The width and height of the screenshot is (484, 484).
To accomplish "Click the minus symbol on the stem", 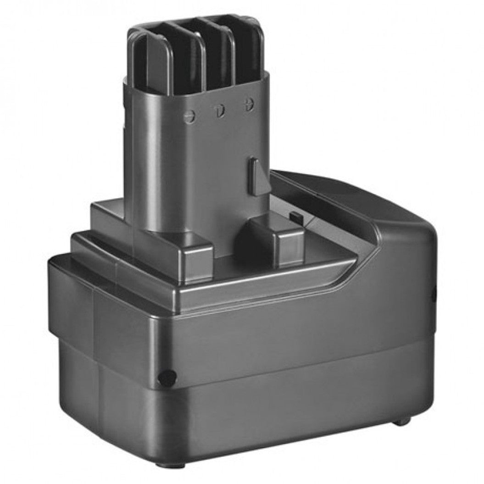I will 189,117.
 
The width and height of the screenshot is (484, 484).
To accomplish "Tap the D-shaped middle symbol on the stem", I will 220,110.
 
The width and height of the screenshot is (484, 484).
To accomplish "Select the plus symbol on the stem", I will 249,105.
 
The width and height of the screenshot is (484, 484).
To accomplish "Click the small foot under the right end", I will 402,421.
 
